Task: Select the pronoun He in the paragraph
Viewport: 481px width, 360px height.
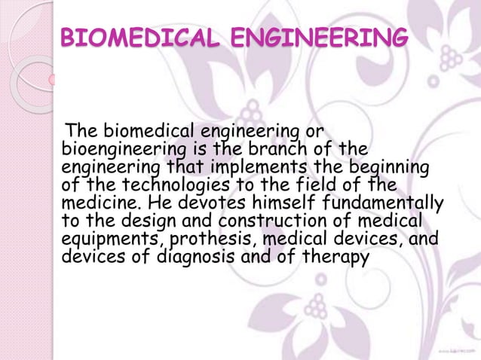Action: (x=161, y=203)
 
